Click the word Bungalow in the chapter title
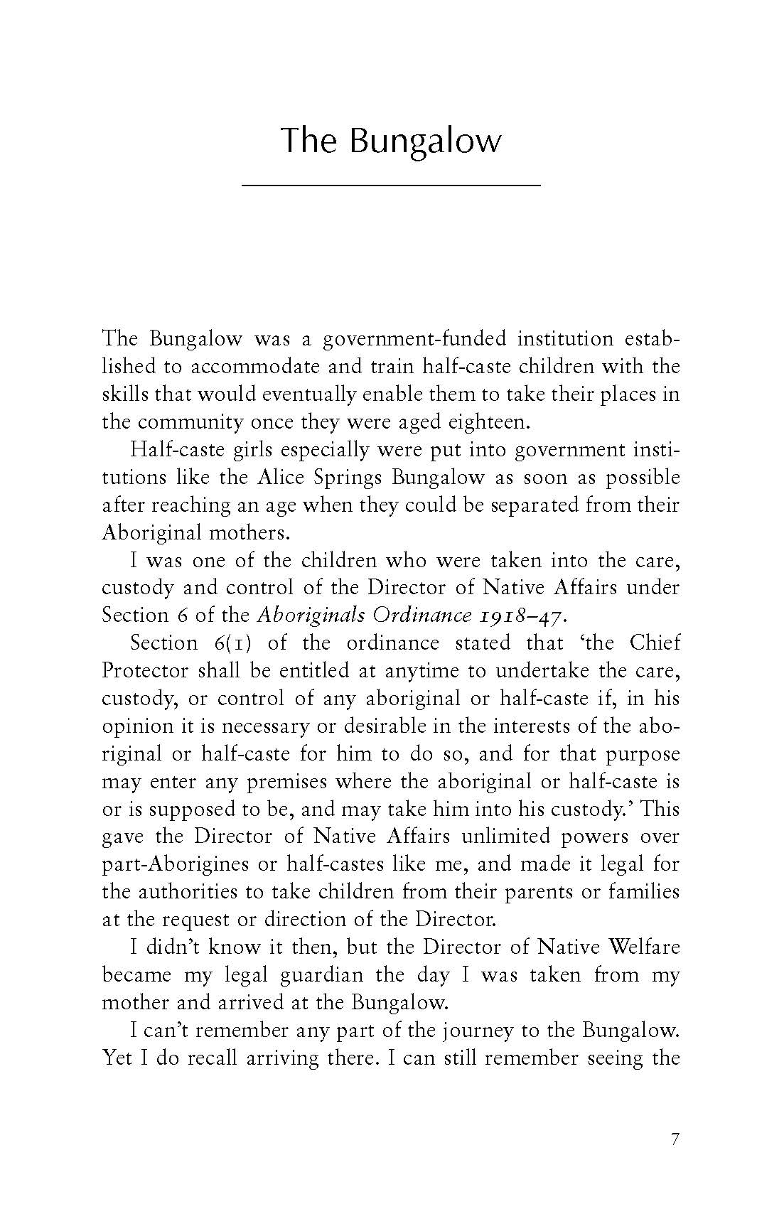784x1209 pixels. click(x=424, y=141)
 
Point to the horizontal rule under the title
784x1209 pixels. click(x=391, y=186)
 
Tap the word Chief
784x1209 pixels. click(x=655, y=643)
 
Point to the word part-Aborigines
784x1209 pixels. click(x=176, y=865)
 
